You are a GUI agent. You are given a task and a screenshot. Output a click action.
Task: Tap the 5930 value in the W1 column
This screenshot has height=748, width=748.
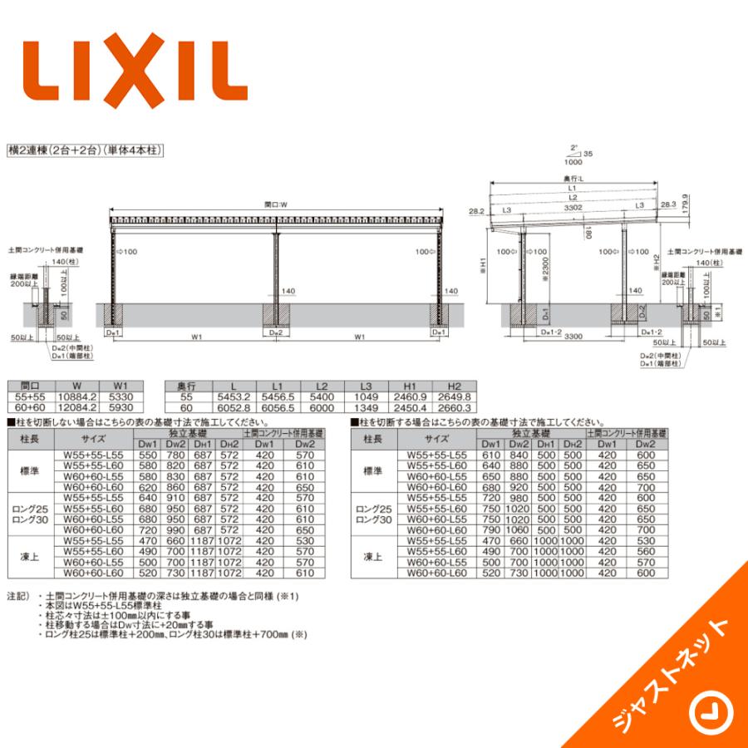[x=121, y=407]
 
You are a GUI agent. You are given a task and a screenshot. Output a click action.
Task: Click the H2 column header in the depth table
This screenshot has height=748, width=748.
[x=455, y=386]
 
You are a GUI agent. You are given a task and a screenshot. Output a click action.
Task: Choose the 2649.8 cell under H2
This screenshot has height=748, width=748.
[x=455, y=397]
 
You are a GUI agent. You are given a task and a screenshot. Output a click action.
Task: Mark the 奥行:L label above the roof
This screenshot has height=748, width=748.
[x=572, y=178]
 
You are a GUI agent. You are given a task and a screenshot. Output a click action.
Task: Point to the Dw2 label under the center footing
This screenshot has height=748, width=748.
[x=277, y=332]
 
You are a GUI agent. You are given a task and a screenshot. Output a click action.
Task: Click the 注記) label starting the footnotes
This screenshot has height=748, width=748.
[x=18, y=597]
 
